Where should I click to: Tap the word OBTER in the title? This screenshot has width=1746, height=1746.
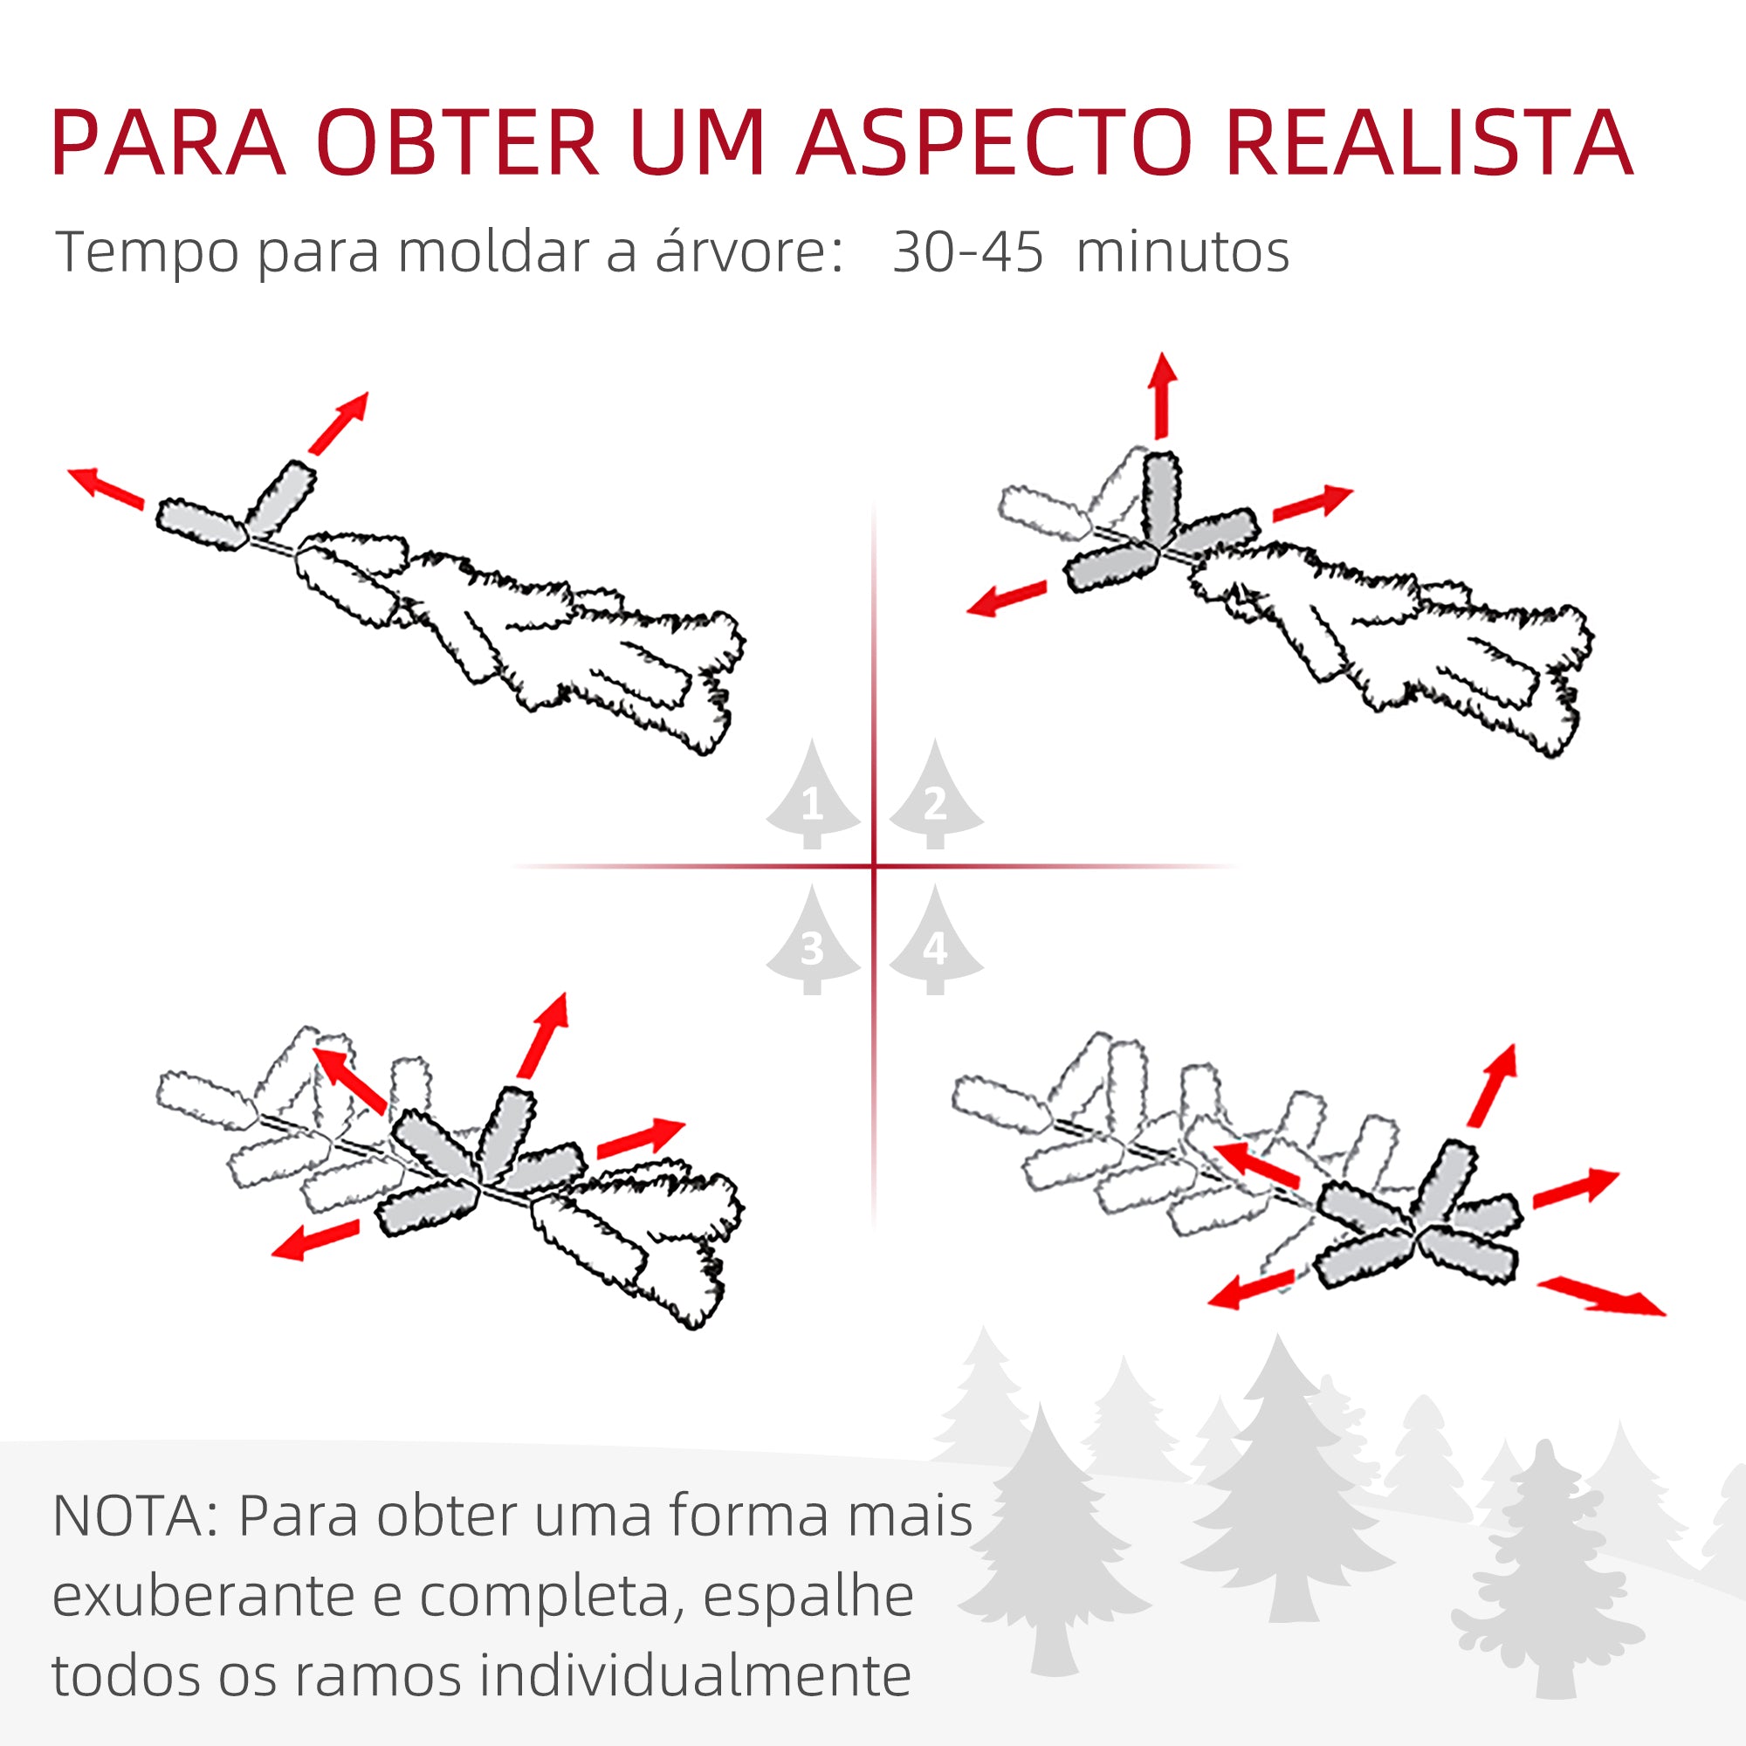click(457, 143)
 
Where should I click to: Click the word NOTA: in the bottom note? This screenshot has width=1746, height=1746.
click(135, 1516)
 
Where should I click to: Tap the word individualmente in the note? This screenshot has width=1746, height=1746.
click(694, 1674)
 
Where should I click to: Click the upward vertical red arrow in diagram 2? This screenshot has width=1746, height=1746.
click(1162, 395)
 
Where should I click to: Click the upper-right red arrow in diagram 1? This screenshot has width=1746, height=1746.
click(339, 422)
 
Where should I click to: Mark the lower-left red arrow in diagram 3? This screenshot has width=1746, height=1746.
click(316, 1239)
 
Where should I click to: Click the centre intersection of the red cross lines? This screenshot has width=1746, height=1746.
click(874, 866)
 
